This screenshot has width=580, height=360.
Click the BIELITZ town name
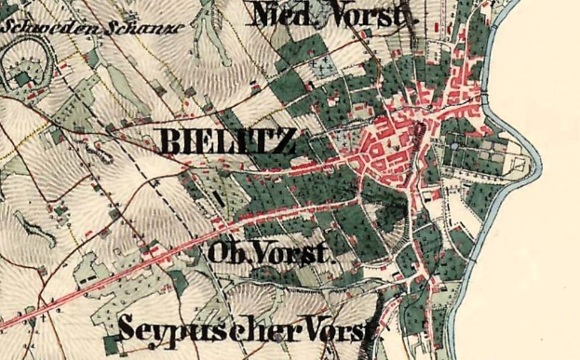tap(229, 142)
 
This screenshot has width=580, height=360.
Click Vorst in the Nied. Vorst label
tap(371, 16)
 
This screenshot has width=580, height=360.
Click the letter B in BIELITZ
tap(171, 142)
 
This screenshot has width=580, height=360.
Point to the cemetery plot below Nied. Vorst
tap(324, 68)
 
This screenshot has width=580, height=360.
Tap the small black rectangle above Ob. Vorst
tap(221, 198)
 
